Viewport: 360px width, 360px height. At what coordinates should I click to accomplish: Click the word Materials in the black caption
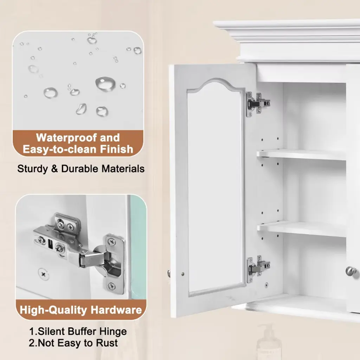coord(123,169)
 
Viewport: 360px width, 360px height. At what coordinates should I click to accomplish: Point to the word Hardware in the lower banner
coord(116,310)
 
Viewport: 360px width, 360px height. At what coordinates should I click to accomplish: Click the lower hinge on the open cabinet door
coord(258,269)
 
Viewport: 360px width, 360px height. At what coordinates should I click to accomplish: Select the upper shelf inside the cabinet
coord(301,155)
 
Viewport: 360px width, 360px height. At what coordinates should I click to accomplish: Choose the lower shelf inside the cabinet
coord(301,229)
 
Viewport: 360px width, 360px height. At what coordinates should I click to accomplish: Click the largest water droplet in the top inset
coord(105,84)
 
